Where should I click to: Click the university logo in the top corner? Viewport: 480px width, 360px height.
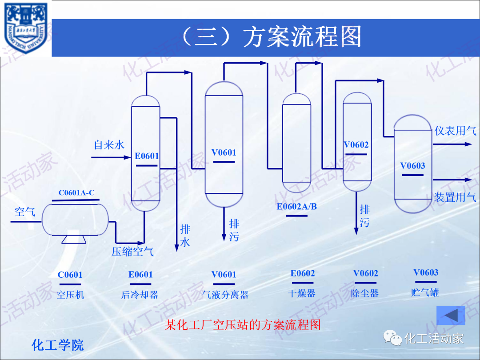[x=26, y=28]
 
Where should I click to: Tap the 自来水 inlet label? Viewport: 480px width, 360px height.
[x=109, y=145]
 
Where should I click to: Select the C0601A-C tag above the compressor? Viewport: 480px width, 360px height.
[x=76, y=193]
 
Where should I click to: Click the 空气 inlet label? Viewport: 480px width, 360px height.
[x=25, y=212]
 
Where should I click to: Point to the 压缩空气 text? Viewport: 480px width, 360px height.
[x=132, y=252]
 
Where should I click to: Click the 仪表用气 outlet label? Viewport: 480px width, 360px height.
[x=455, y=131]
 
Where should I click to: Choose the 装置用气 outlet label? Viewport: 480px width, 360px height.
[x=455, y=197]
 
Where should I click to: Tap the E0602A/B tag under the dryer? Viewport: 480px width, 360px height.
[x=296, y=207]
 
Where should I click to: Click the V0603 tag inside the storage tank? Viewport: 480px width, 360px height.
[x=412, y=166]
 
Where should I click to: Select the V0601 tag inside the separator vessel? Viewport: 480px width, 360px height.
[x=224, y=152]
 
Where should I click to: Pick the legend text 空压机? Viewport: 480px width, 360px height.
[x=70, y=295]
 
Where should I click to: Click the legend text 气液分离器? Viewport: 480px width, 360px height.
[x=225, y=295]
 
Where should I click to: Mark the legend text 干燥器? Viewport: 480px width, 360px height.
[x=302, y=293]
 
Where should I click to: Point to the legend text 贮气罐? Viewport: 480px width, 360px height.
[x=425, y=292]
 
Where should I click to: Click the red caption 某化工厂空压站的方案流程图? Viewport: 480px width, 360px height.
[x=243, y=325]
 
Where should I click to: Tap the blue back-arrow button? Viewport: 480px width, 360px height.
[x=451, y=315]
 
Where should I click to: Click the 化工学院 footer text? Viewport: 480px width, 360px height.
[x=58, y=345]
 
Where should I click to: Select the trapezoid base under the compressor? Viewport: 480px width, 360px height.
[x=74, y=239]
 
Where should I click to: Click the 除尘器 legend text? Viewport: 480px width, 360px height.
[x=365, y=293]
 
